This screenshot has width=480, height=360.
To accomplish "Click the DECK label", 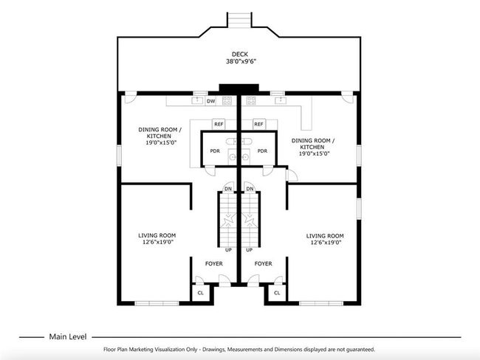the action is point(240,54).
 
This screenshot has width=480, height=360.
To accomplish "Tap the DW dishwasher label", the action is point(211,101).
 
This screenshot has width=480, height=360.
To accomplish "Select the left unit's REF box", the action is point(219,124).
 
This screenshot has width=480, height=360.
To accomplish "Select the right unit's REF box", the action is point(258,124).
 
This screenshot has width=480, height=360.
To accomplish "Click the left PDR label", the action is point(215,150).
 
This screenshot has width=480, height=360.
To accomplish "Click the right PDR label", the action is point(262,150).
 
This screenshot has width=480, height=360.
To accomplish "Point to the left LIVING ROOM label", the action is point(157,235).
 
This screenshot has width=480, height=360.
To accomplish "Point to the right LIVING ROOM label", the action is point(325,236).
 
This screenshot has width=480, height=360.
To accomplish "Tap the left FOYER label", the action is point(213,263).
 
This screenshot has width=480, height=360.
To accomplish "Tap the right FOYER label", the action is point(263,263).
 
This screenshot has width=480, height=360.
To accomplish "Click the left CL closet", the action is point(201,293).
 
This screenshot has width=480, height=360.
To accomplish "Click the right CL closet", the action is point(277,293).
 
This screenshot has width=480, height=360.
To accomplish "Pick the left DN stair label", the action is point(228,189).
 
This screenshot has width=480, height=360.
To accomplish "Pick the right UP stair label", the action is point(250,250).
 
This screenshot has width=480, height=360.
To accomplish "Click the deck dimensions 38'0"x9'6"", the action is point(241,61).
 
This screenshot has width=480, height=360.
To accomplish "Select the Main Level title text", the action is point(68,336).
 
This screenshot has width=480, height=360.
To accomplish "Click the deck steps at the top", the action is point(239,20).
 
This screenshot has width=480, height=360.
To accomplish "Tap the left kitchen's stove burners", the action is point(227,100).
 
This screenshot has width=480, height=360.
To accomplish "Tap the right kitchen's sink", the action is point(281,100).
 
